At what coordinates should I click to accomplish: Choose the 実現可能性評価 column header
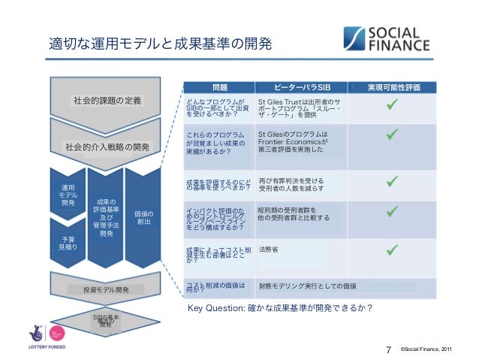(398, 87)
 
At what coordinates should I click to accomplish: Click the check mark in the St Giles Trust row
(393, 107)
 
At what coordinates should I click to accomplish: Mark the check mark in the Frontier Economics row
(393, 136)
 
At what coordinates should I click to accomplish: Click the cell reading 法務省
(268, 249)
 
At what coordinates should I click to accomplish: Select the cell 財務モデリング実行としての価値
(306, 286)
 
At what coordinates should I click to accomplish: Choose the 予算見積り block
(67, 242)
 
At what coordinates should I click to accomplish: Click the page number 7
(388, 349)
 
